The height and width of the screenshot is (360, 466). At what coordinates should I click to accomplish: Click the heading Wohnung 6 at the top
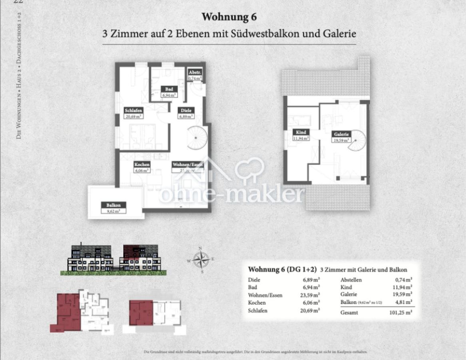pos(229,17)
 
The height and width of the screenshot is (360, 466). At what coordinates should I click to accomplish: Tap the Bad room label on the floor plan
pos(169,89)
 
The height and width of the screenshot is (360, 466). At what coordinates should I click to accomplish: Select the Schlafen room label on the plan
pos(133,111)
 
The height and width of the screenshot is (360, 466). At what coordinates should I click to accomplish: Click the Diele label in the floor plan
pos(186,111)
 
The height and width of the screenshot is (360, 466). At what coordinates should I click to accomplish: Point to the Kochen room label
pos(142,164)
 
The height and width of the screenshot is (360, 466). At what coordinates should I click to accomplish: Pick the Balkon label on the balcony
pos(114,205)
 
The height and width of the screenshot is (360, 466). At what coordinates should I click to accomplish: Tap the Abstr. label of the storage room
pos(195,73)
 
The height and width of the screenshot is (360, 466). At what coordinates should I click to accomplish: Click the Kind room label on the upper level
pos(301,132)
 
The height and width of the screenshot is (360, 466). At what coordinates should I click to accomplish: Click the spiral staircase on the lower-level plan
pos(197,137)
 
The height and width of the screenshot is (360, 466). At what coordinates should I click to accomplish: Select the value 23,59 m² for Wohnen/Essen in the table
pos(311,295)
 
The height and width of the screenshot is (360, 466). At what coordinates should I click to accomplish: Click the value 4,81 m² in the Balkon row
pos(404,302)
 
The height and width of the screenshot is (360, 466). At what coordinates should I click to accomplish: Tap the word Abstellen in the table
pos(351,280)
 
